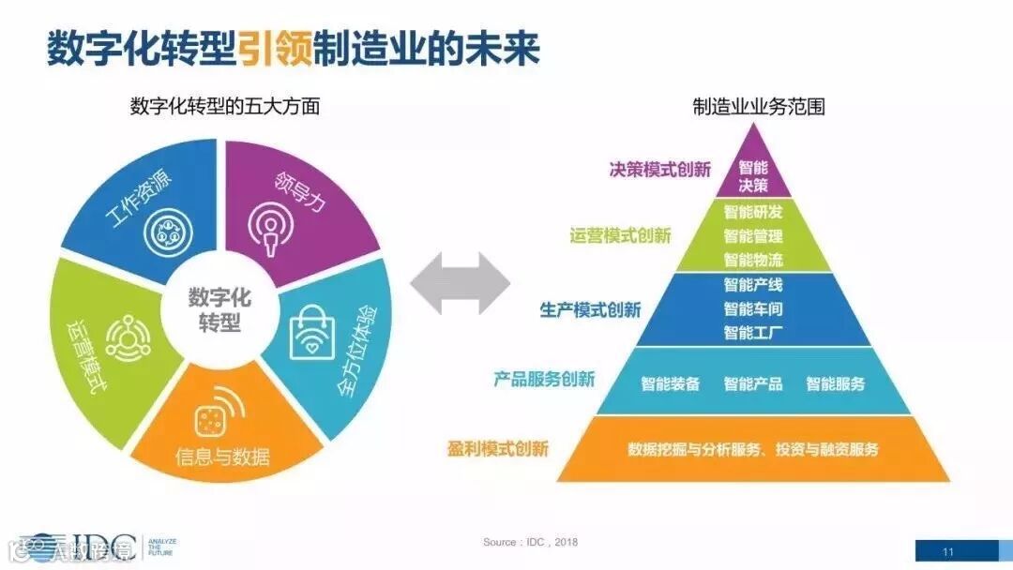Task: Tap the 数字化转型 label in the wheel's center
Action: [219, 311]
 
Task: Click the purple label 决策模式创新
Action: [659, 170]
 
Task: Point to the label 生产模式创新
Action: [590, 310]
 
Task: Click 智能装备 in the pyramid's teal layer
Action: [670, 383]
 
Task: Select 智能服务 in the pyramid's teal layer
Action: [836, 383]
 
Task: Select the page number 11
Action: [948, 550]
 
